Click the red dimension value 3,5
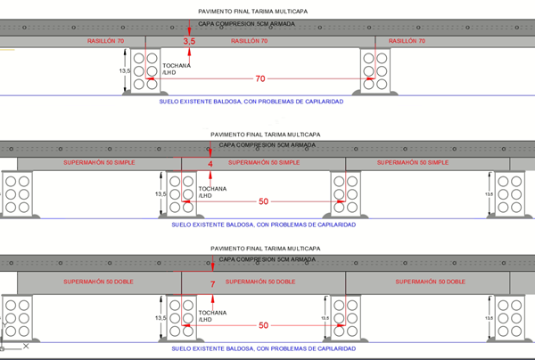(x=188, y=42)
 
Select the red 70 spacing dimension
(x=259, y=79)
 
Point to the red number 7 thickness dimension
(x=212, y=283)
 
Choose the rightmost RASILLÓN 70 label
(x=416, y=41)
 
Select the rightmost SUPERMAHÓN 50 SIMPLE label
(x=411, y=163)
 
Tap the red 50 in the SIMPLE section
(x=263, y=201)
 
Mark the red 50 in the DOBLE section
(x=263, y=325)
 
